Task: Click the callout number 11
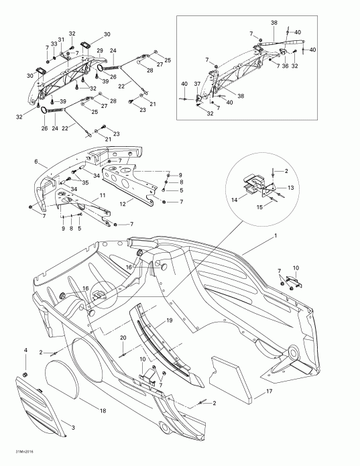[x=102, y=195]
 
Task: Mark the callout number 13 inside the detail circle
[x=291, y=189]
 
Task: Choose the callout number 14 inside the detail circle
[x=235, y=199]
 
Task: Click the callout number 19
[x=169, y=321]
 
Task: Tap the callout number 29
[x=99, y=51]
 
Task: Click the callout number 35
[x=86, y=182]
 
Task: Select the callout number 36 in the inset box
[x=284, y=66]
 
